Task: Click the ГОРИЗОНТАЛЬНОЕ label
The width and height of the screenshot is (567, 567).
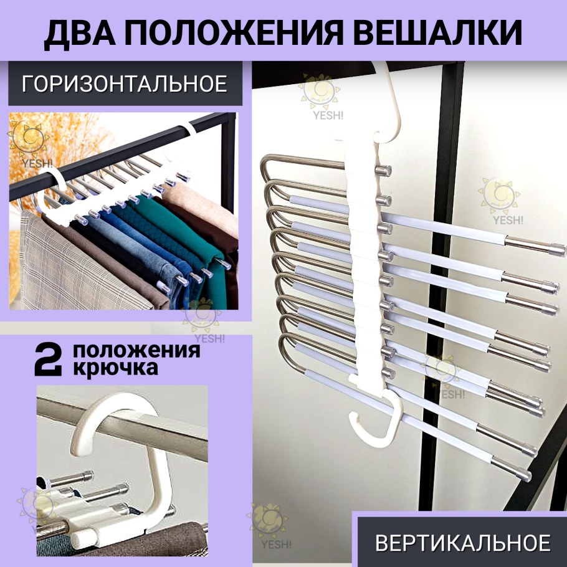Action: (x=125, y=83)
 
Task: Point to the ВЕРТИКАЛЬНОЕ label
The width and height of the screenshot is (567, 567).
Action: (x=463, y=543)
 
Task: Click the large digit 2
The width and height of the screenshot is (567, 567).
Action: (x=48, y=360)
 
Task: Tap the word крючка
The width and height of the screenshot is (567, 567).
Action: (x=116, y=368)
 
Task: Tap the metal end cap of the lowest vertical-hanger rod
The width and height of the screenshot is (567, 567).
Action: (x=524, y=474)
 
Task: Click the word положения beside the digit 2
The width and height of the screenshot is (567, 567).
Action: (x=136, y=351)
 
